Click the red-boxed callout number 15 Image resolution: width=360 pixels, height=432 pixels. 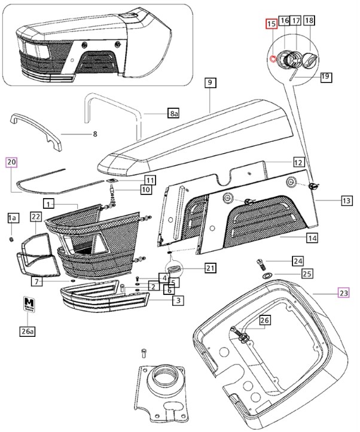click(271, 24)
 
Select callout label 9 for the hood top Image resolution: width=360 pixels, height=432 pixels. click(209, 84)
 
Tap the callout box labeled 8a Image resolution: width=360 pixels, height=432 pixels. click(173, 113)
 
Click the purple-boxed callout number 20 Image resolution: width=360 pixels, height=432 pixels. click(12, 162)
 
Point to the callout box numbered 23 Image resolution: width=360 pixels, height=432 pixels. click(343, 293)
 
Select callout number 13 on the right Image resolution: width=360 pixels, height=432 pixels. click(346, 201)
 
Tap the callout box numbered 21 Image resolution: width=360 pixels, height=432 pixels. click(209, 267)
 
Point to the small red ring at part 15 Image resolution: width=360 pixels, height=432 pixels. click(273, 59)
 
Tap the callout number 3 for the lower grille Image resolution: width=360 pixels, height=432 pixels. click(177, 300)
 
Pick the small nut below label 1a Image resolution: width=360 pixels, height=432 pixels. click(11, 240)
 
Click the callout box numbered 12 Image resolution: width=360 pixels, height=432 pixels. click(298, 162)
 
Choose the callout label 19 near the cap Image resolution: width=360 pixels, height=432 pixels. click(325, 77)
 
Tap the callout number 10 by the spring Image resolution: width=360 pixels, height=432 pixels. click(146, 190)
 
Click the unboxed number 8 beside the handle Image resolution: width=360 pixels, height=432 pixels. click(94, 133)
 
